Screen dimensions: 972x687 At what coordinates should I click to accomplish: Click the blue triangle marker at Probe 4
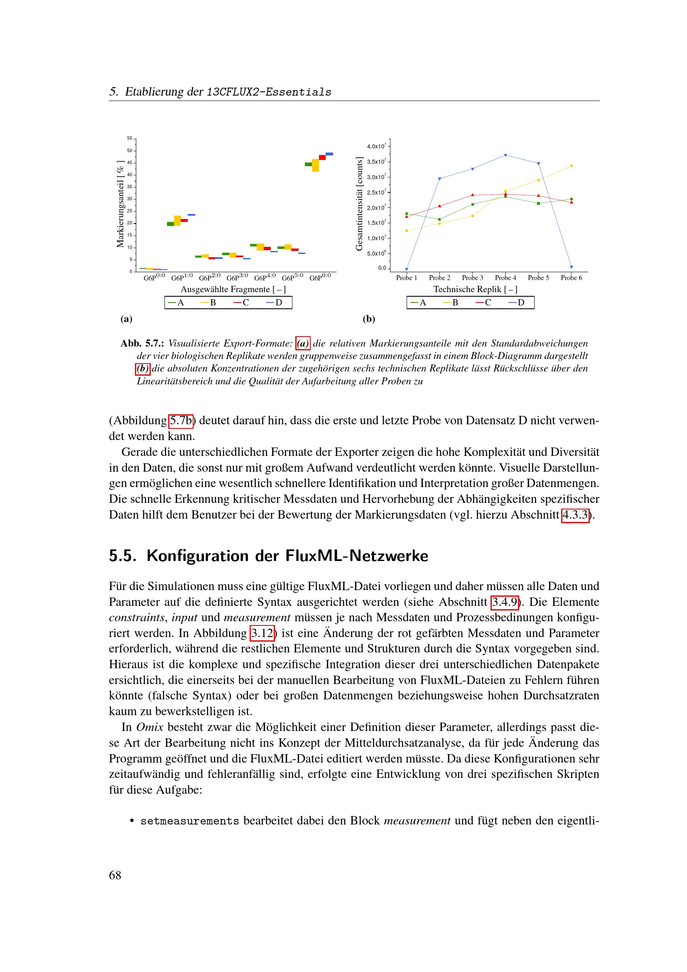pos(505,155)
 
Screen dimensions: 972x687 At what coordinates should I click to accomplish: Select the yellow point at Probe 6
pos(572,165)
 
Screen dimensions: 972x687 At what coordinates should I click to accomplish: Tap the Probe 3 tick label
pos(473,278)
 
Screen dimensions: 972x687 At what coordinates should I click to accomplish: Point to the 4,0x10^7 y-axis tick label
pos(376,146)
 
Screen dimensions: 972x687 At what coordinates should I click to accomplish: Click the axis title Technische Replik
pos(475,289)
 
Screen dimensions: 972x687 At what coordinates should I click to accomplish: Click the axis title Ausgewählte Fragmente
pos(233,289)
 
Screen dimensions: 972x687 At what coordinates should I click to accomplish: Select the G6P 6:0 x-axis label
pos(320,277)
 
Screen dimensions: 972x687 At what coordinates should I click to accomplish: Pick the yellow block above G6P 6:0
pos(315,165)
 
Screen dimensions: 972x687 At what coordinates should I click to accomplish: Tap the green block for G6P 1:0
pos(170,224)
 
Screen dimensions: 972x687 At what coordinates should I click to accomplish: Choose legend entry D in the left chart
pos(275,303)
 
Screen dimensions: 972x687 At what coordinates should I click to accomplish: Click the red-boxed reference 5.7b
pos(181,421)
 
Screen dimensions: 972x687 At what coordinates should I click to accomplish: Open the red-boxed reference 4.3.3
pos(575,515)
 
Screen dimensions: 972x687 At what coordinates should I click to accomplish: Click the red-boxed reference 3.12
pos(262,633)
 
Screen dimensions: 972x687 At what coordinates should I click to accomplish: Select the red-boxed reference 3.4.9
pos(505,602)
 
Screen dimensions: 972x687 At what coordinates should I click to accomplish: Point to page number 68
pos(115,875)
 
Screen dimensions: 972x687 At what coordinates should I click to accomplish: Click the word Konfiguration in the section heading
pos(198,556)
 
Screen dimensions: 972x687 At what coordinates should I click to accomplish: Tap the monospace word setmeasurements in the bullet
pos(189,821)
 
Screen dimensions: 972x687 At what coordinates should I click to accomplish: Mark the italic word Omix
pos(150,727)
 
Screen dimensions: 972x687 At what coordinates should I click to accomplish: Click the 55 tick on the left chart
pos(130,138)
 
